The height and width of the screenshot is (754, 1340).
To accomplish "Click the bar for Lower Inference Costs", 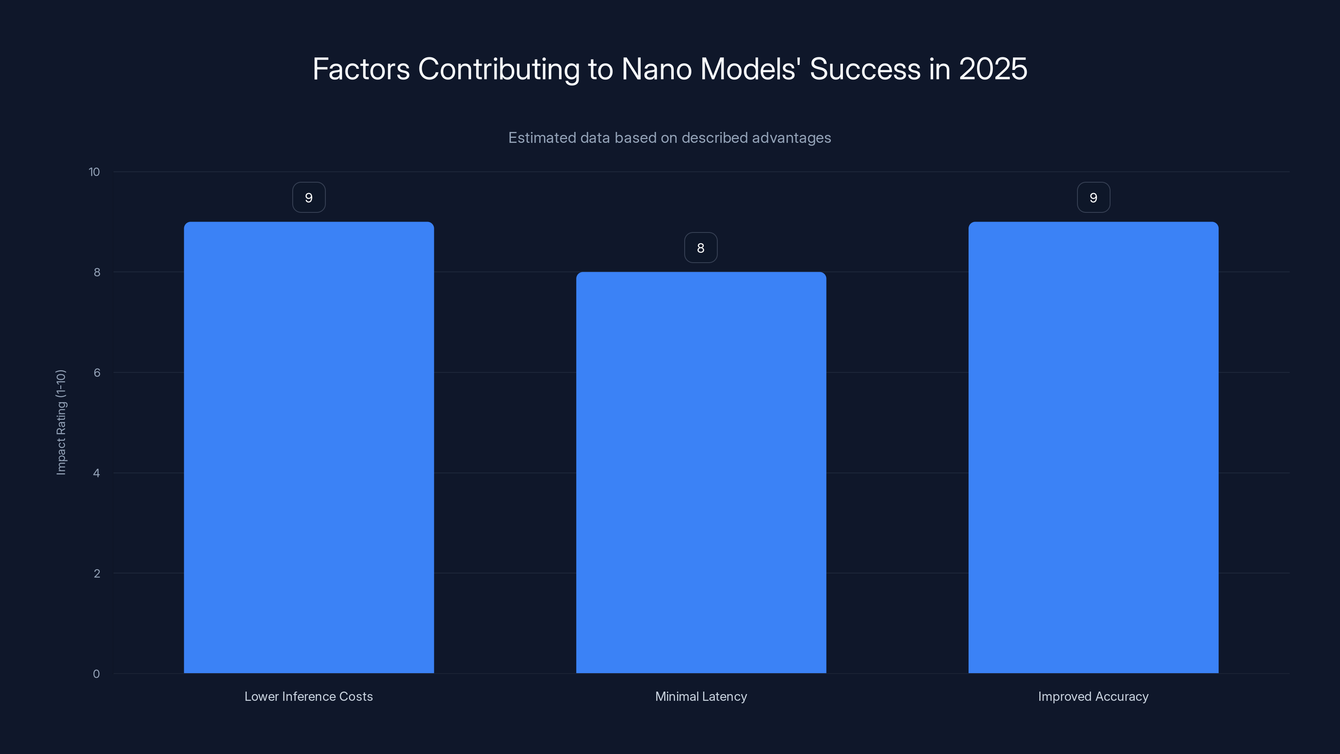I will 309,447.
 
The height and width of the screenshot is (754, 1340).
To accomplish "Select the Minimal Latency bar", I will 701,473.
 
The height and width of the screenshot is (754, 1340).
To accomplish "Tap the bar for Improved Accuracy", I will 1093,447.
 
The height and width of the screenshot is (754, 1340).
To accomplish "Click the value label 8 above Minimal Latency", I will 701,248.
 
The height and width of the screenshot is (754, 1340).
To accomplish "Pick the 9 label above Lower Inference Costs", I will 309,197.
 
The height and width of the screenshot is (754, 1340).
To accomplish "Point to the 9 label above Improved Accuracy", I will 1093,197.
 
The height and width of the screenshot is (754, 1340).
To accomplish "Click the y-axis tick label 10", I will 94,172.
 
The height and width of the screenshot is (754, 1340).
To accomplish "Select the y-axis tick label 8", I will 97,272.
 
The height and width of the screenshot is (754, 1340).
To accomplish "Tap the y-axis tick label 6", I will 97,372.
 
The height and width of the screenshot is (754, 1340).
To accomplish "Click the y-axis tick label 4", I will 97,473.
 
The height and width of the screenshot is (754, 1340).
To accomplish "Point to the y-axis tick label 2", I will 97,573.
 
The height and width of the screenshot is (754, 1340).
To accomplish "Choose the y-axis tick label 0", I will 96,674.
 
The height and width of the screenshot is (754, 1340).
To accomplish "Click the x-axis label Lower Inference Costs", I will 309,696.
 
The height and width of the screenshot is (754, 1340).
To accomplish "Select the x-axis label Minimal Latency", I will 701,696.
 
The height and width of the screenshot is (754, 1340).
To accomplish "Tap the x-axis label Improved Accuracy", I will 1093,696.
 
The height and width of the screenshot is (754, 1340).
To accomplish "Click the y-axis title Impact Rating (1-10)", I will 61,422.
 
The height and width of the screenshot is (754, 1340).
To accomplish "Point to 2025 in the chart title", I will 992,69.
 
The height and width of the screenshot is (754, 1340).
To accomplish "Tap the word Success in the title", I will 865,69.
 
